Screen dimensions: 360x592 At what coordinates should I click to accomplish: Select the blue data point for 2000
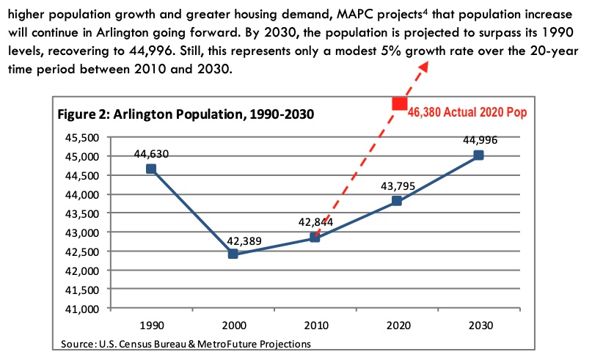233,254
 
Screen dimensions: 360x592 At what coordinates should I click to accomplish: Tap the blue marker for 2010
315,237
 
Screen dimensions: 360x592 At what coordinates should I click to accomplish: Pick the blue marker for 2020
396,201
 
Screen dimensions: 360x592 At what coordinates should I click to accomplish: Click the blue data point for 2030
478,155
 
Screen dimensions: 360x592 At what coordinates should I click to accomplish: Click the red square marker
399,103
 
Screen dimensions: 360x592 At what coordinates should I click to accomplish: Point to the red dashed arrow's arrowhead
423,67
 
